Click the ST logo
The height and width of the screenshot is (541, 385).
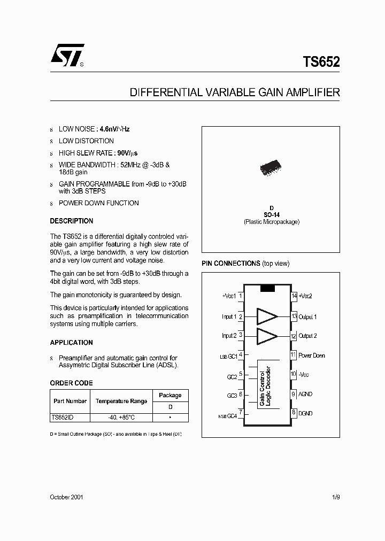click(x=67, y=55)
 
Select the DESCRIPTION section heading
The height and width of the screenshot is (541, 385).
click(x=71, y=221)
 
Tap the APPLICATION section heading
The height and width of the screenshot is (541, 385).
click(x=71, y=343)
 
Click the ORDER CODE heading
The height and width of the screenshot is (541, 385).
click(x=71, y=383)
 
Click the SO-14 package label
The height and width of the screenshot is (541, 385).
click(x=271, y=215)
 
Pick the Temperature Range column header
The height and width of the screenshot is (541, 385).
click(x=121, y=400)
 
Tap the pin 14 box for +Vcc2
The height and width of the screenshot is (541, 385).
click(x=294, y=296)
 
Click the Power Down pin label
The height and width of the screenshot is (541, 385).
click(x=311, y=355)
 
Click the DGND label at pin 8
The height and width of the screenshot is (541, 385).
click(x=305, y=413)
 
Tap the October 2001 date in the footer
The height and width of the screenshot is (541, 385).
click(x=66, y=497)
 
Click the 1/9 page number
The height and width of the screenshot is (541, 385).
click(x=335, y=497)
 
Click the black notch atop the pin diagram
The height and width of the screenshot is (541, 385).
click(x=267, y=289)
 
